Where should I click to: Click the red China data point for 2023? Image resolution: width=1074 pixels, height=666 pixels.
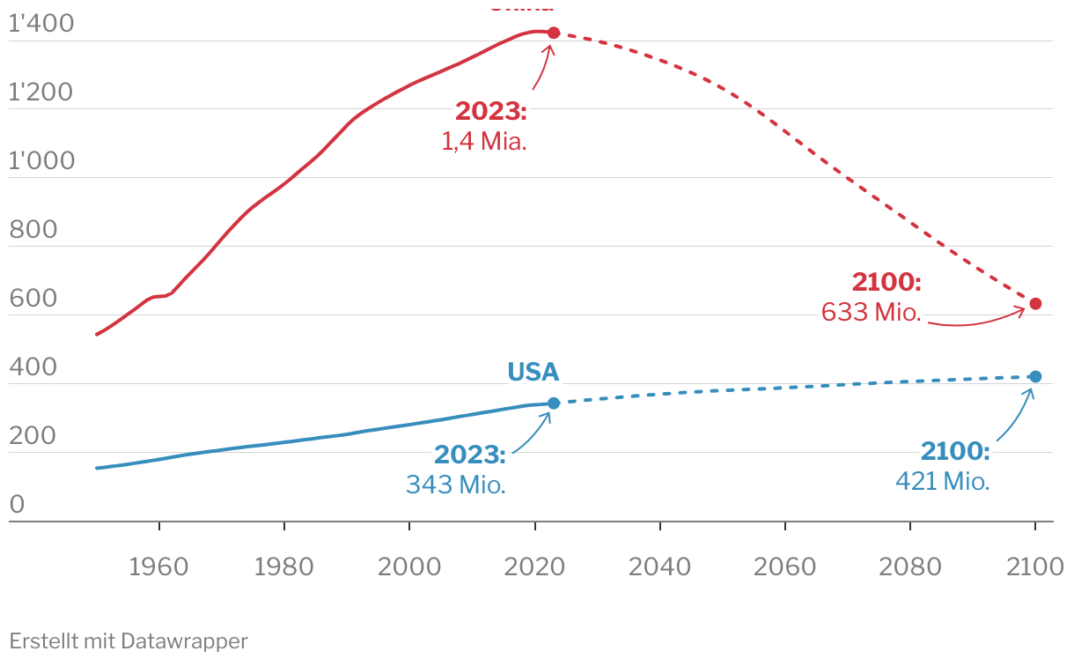(554, 33)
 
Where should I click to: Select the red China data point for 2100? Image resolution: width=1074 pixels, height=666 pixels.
(1035, 304)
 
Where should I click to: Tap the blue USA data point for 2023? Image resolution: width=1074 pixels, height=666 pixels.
(554, 403)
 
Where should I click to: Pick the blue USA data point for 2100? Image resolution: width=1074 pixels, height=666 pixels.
(1035, 377)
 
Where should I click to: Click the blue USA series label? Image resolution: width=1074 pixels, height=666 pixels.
(533, 372)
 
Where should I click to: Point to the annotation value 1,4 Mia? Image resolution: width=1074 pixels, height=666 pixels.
(484, 141)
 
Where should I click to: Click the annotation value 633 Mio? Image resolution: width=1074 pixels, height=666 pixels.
(872, 312)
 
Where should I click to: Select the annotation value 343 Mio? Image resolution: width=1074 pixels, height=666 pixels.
(456, 484)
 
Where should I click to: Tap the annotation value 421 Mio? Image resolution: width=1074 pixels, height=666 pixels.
(943, 481)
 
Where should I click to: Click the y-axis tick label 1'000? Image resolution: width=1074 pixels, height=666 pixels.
(41, 161)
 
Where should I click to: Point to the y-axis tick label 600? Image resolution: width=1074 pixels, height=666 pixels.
(33, 299)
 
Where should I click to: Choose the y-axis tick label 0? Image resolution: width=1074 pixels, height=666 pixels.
(17, 505)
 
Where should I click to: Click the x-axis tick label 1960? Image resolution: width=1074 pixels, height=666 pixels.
(158, 566)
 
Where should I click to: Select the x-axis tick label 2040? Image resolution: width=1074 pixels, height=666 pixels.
(659, 566)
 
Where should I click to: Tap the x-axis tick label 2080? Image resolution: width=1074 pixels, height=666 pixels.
(910, 566)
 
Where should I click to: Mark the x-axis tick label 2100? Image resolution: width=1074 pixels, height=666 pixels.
(1035, 566)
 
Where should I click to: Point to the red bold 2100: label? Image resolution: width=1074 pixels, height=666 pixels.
(886, 282)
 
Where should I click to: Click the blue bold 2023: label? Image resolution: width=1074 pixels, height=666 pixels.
(470, 455)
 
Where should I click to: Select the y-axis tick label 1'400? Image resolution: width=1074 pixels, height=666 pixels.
(41, 25)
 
